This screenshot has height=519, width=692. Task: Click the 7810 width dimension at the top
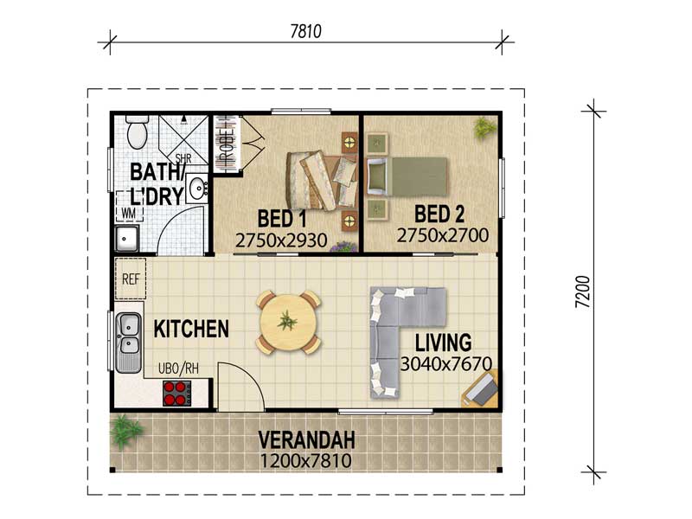coord(306,31)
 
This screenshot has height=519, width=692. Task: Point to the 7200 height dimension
coord(583,292)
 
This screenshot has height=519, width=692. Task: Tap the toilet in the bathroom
coord(137,131)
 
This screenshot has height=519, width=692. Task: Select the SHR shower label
coord(183,158)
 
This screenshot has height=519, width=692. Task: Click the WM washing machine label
coord(128,213)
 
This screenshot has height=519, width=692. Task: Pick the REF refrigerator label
coord(131,279)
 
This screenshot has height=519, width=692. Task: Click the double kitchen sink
coord(128,343)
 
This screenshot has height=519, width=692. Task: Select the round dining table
coord(289,322)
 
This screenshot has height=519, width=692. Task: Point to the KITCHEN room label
coord(191,329)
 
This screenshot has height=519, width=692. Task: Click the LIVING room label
coord(444,343)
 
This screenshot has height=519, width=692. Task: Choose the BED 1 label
coord(282,219)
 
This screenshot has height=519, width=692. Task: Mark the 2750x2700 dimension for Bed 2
coord(443,235)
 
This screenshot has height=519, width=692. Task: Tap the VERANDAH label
coord(307,440)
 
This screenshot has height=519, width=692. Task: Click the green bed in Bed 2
coord(407,177)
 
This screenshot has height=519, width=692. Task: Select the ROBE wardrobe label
coord(226,144)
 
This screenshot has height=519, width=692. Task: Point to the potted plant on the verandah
coord(125,431)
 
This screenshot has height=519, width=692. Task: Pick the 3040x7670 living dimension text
coord(446,363)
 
